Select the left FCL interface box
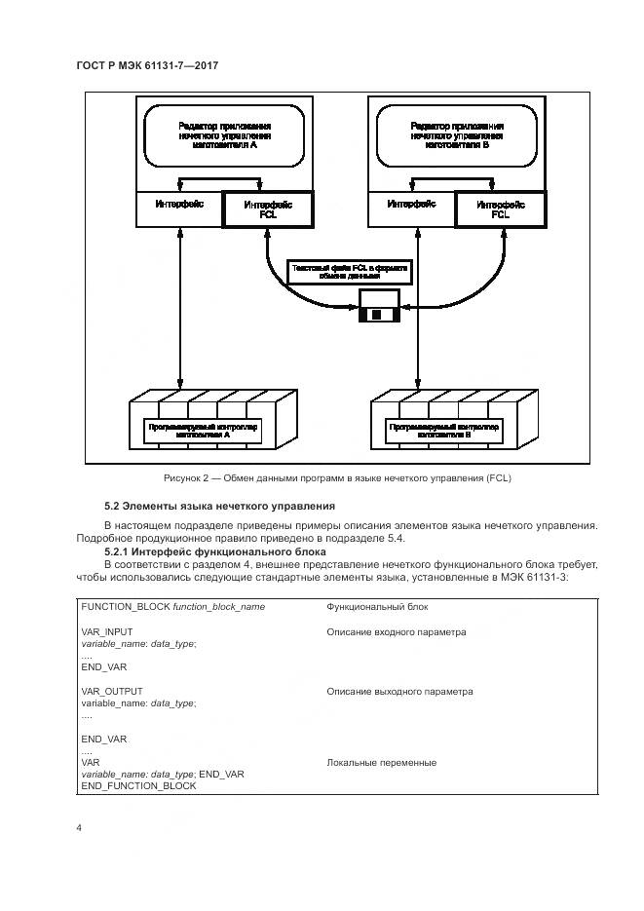click(267, 209)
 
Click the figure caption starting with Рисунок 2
click(337, 478)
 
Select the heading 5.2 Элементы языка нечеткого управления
click(219, 506)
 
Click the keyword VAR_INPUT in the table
click(107, 632)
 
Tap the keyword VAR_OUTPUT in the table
click(111, 692)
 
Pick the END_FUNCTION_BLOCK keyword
click(138, 786)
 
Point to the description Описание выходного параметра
click(399, 692)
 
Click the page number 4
click(78, 828)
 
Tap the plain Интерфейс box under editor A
click(179, 205)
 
